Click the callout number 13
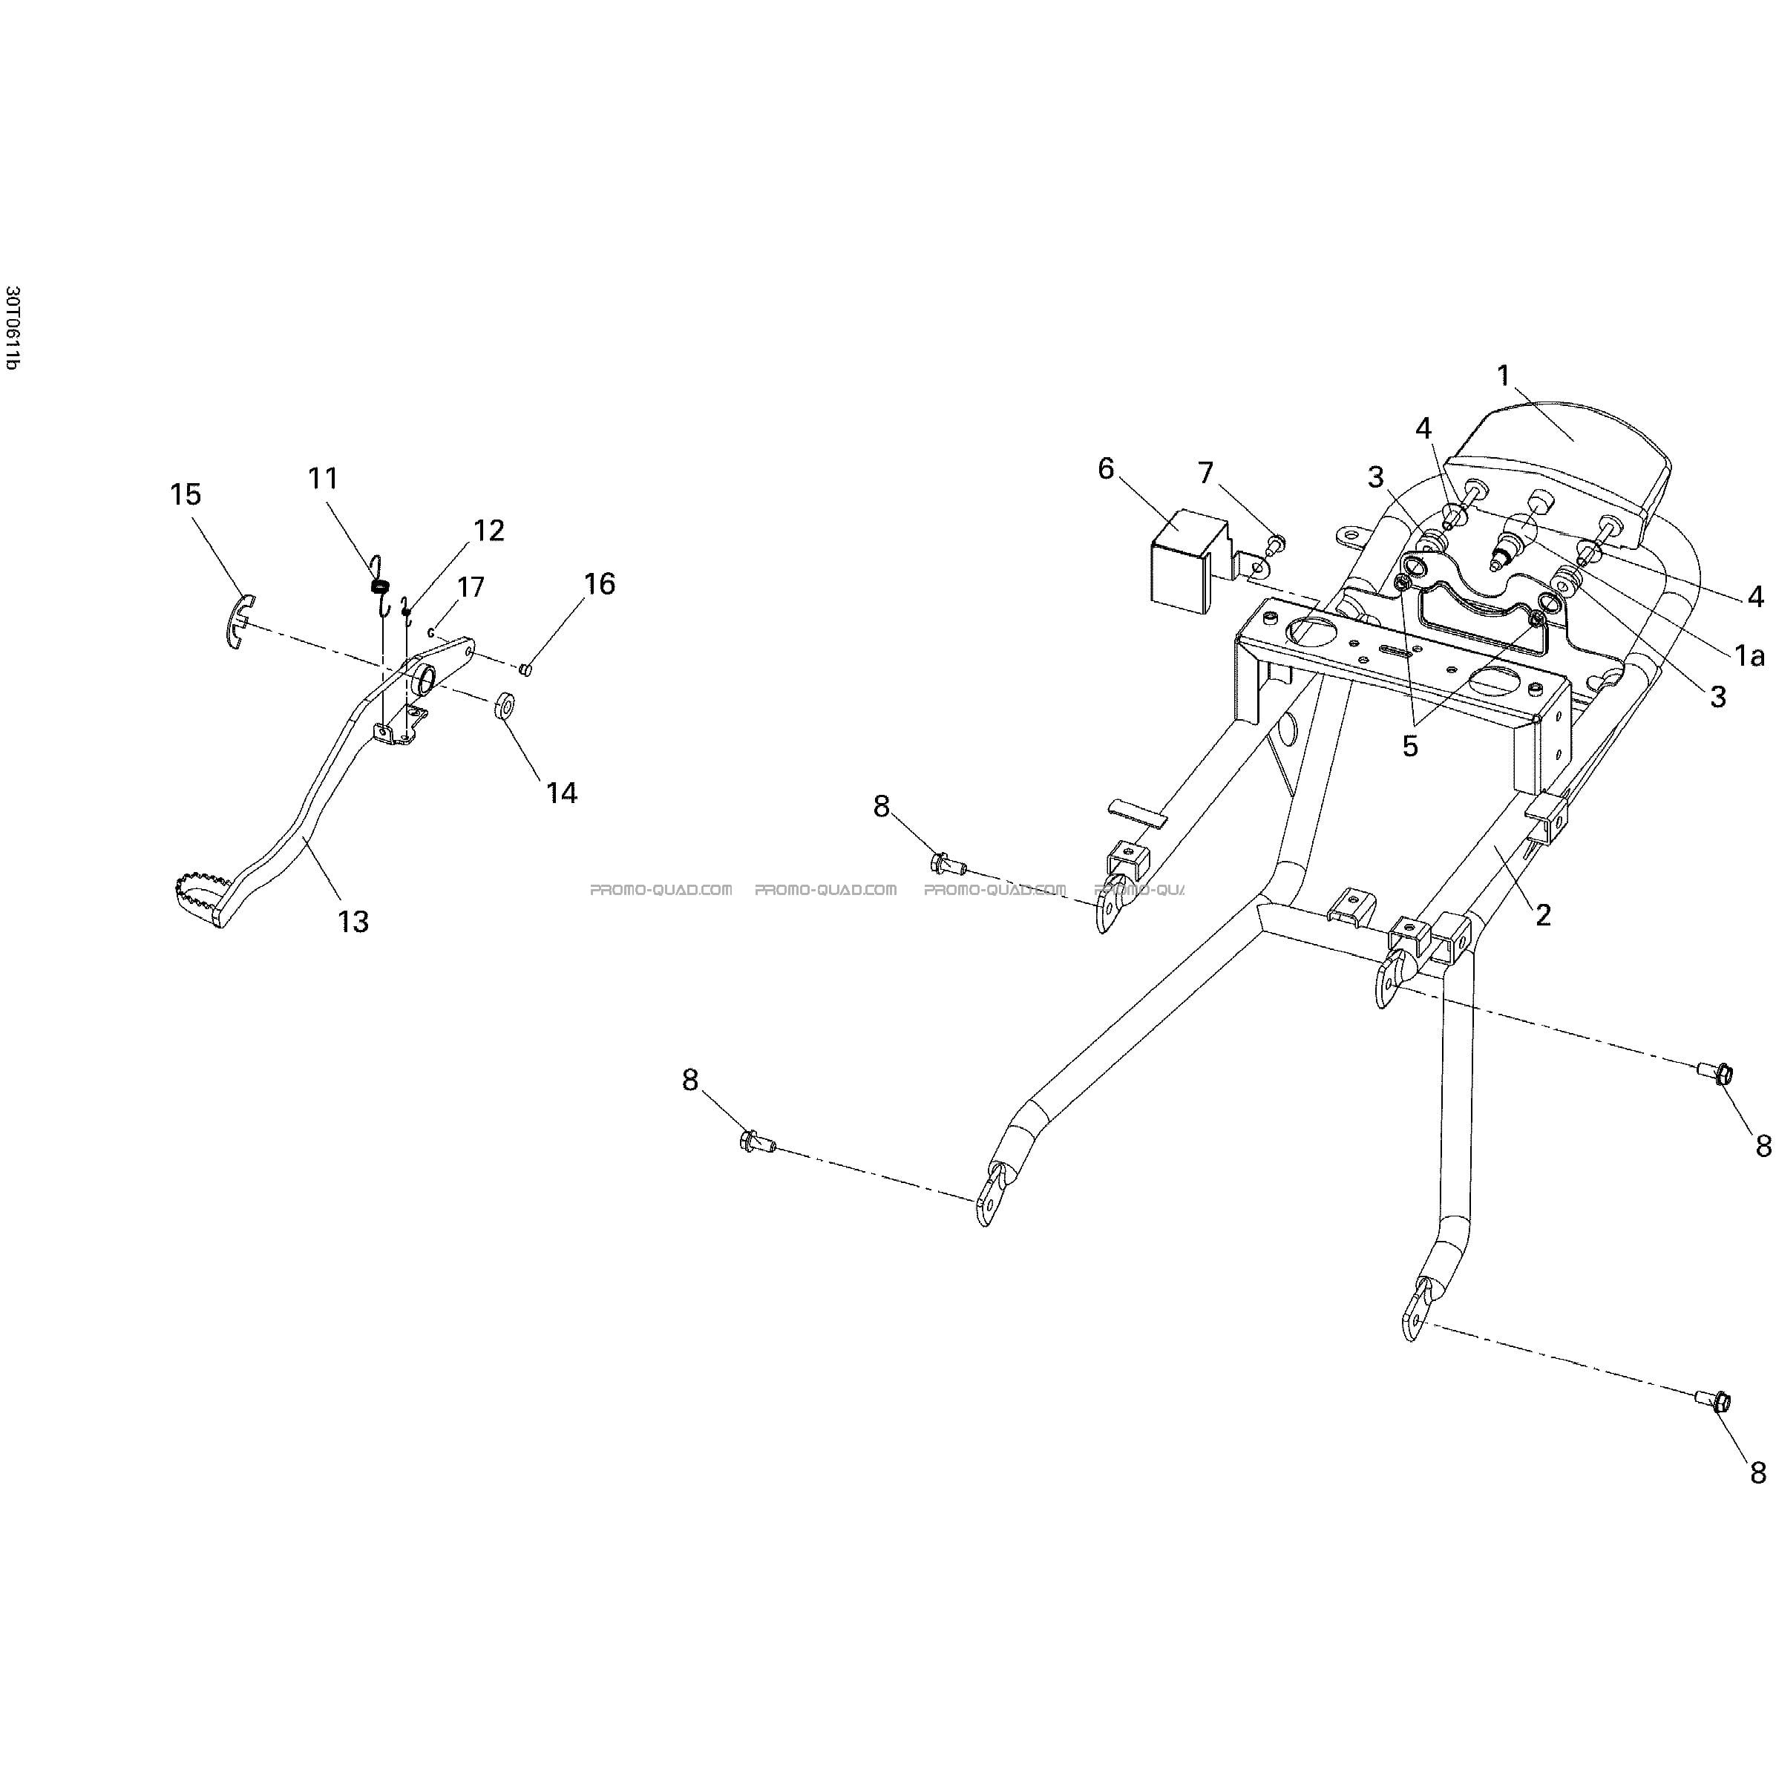(353, 921)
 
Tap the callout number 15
(186, 494)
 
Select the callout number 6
(1106, 469)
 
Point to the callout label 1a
(1749, 655)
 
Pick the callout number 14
(562, 793)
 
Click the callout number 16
(600, 584)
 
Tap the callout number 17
(471, 586)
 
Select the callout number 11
(323, 478)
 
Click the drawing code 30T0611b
(11, 327)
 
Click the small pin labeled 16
(525, 668)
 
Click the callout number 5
(1410, 747)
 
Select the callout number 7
(1205, 474)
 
